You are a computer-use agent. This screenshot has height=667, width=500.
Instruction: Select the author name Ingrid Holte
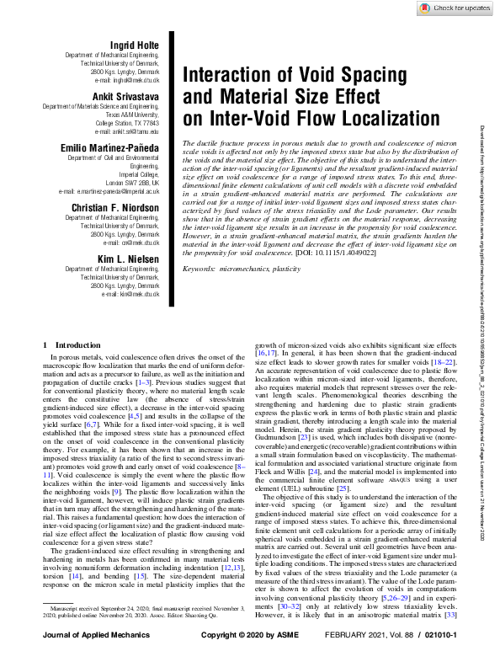pyautogui.click(x=135, y=44)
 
